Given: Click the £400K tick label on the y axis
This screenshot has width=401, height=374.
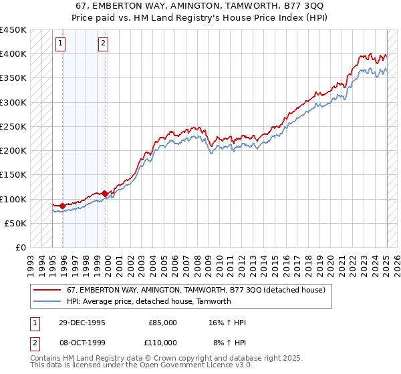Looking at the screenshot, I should (13, 54).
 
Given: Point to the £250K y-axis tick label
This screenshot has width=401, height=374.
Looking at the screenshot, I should (13, 127).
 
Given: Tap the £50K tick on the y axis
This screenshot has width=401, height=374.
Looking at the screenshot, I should (16, 224).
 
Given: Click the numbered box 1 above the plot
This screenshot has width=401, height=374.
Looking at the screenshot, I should (60, 44).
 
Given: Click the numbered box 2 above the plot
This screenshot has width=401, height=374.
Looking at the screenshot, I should (104, 44).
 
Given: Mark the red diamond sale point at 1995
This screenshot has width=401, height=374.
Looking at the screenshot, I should (63, 206).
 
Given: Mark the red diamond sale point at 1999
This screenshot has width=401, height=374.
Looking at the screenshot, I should (105, 194).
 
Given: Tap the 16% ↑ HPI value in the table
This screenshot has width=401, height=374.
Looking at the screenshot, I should (227, 323).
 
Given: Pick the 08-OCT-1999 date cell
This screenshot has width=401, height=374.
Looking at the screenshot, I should (82, 343).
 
